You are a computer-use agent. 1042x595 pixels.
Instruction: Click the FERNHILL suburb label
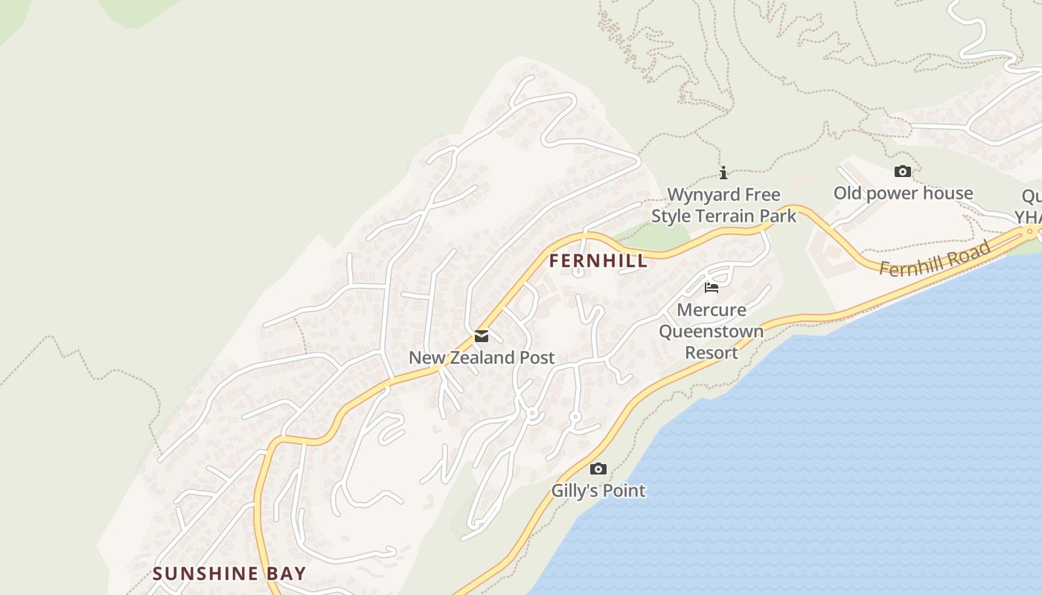click(x=598, y=262)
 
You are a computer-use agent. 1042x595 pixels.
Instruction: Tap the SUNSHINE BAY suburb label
click(x=229, y=573)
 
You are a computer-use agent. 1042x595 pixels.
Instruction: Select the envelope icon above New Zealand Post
click(x=482, y=336)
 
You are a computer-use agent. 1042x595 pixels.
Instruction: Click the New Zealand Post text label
click(x=482, y=358)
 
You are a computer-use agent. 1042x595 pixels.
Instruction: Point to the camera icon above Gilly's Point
click(x=598, y=469)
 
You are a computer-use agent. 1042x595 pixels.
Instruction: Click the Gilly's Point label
click(x=598, y=491)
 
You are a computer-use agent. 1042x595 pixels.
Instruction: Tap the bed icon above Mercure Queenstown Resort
click(x=712, y=288)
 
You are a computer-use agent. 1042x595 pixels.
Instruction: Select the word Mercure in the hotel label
click(x=712, y=309)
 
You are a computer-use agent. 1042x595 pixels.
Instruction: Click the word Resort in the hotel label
click(x=712, y=353)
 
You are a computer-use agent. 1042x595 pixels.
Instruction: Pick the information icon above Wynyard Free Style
click(x=723, y=173)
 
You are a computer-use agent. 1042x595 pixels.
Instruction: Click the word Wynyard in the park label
click(x=699, y=195)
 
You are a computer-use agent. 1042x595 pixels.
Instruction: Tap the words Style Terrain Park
click(x=723, y=216)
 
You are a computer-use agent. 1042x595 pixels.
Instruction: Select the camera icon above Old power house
click(x=903, y=172)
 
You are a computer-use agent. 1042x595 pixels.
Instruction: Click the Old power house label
click(x=903, y=193)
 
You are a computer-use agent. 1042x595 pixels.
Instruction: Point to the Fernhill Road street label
click(x=935, y=259)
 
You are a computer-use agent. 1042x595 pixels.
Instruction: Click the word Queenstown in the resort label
click(x=712, y=331)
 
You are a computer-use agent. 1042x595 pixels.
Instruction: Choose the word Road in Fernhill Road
click(x=971, y=251)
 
